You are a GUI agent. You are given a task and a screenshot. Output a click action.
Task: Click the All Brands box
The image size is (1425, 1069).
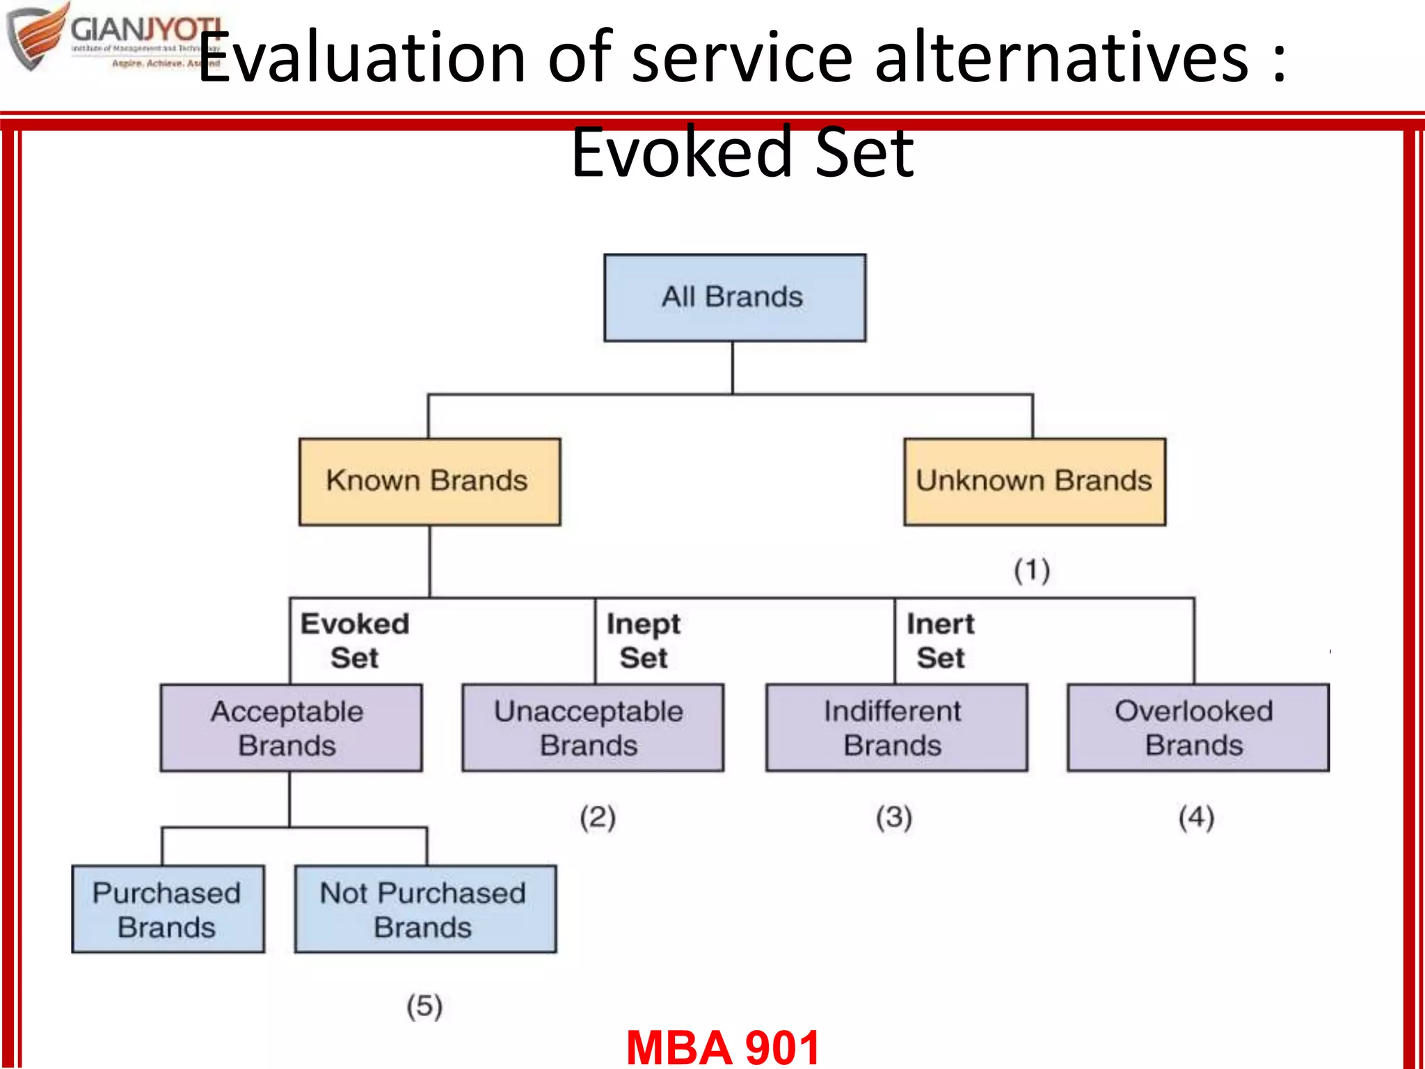(735, 298)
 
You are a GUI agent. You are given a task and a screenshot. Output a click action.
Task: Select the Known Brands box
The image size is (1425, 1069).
(429, 482)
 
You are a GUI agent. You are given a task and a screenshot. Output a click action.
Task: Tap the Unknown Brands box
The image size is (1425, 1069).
(1034, 482)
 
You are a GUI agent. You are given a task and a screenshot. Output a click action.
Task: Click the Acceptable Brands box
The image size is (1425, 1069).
(291, 728)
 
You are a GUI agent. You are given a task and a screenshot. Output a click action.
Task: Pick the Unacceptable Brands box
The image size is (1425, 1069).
(592, 728)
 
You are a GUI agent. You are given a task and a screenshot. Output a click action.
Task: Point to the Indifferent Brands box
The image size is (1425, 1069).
(896, 728)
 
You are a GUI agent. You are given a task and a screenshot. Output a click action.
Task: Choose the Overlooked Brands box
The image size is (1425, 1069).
(1197, 728)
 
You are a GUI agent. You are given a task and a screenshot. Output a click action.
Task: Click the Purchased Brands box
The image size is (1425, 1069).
(168, 910)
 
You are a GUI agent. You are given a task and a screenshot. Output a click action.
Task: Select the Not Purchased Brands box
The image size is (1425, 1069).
(425, 910)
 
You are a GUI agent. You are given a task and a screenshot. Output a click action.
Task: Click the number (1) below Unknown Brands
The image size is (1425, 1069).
(1032, 571)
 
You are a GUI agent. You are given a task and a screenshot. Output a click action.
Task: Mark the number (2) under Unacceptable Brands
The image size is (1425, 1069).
(598, 817)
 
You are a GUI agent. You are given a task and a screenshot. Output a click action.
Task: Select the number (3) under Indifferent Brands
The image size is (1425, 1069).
(894, 817)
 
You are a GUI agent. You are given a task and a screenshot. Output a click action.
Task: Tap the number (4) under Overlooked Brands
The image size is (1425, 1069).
(1197, 817)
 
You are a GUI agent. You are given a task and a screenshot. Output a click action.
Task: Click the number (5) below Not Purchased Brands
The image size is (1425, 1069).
(424, 1006)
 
